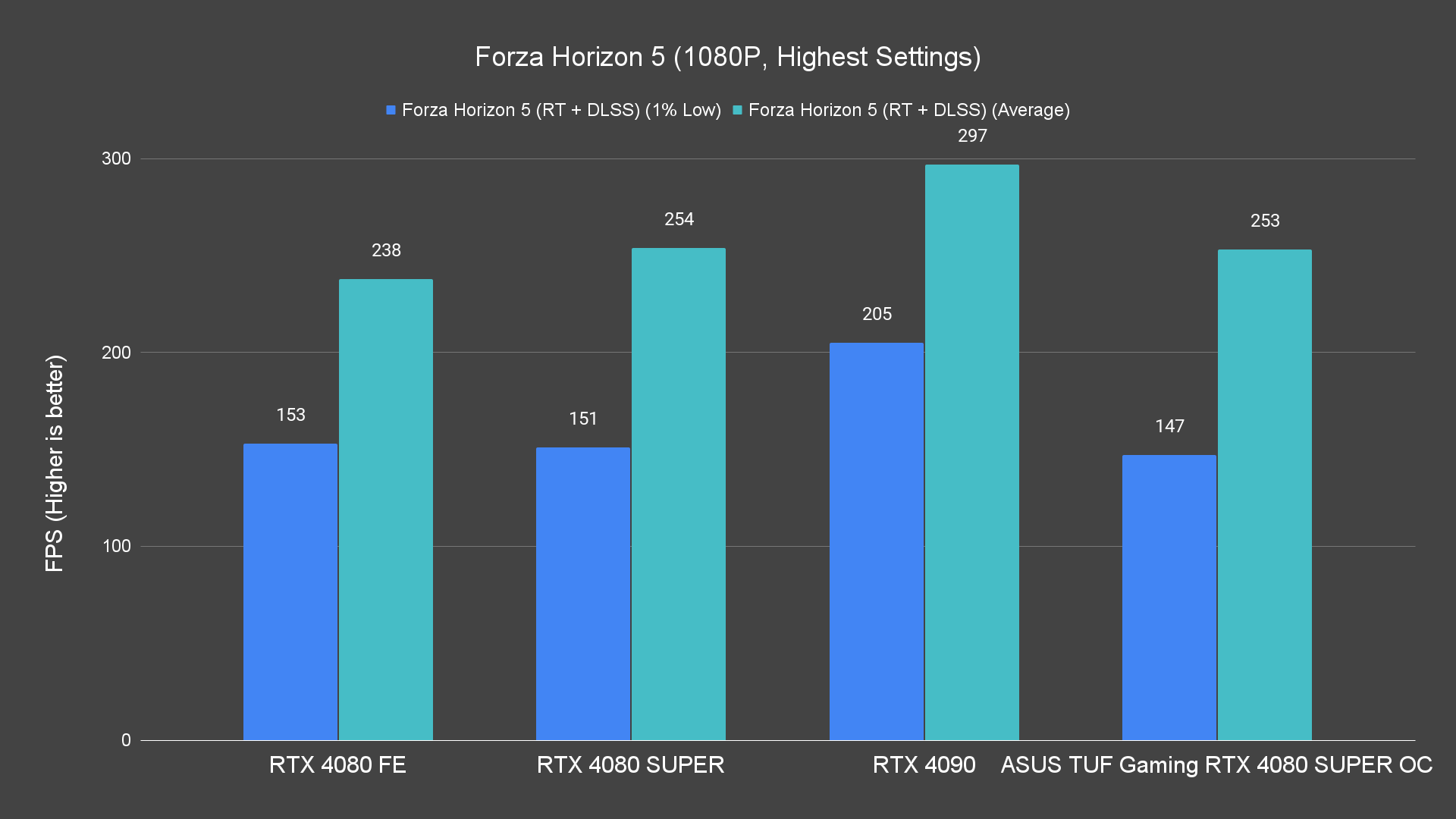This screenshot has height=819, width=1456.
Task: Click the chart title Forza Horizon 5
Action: click(727, 57)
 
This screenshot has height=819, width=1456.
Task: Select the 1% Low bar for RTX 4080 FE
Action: click(290, 591)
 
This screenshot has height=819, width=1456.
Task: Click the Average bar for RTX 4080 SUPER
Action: click(679, 494)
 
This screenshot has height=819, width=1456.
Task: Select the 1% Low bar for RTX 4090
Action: click(877, 541)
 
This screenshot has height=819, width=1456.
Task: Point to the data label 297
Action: click(972, 136)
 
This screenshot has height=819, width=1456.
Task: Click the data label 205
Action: click(877, 314)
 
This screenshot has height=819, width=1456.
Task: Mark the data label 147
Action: click(1169, 426)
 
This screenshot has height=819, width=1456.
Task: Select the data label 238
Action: click(386, 250)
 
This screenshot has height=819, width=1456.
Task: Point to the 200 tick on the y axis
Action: click(116, 353)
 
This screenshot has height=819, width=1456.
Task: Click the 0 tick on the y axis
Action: click(126, 740)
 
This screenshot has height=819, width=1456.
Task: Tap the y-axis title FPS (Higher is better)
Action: click(55, 463)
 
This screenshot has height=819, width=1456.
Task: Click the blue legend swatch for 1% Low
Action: click(391, 110)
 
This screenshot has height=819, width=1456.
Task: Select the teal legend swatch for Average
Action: click(737, 110)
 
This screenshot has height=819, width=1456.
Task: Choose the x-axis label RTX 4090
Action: click(924, 764)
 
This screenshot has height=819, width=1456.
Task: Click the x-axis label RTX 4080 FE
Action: click(337, 764)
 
